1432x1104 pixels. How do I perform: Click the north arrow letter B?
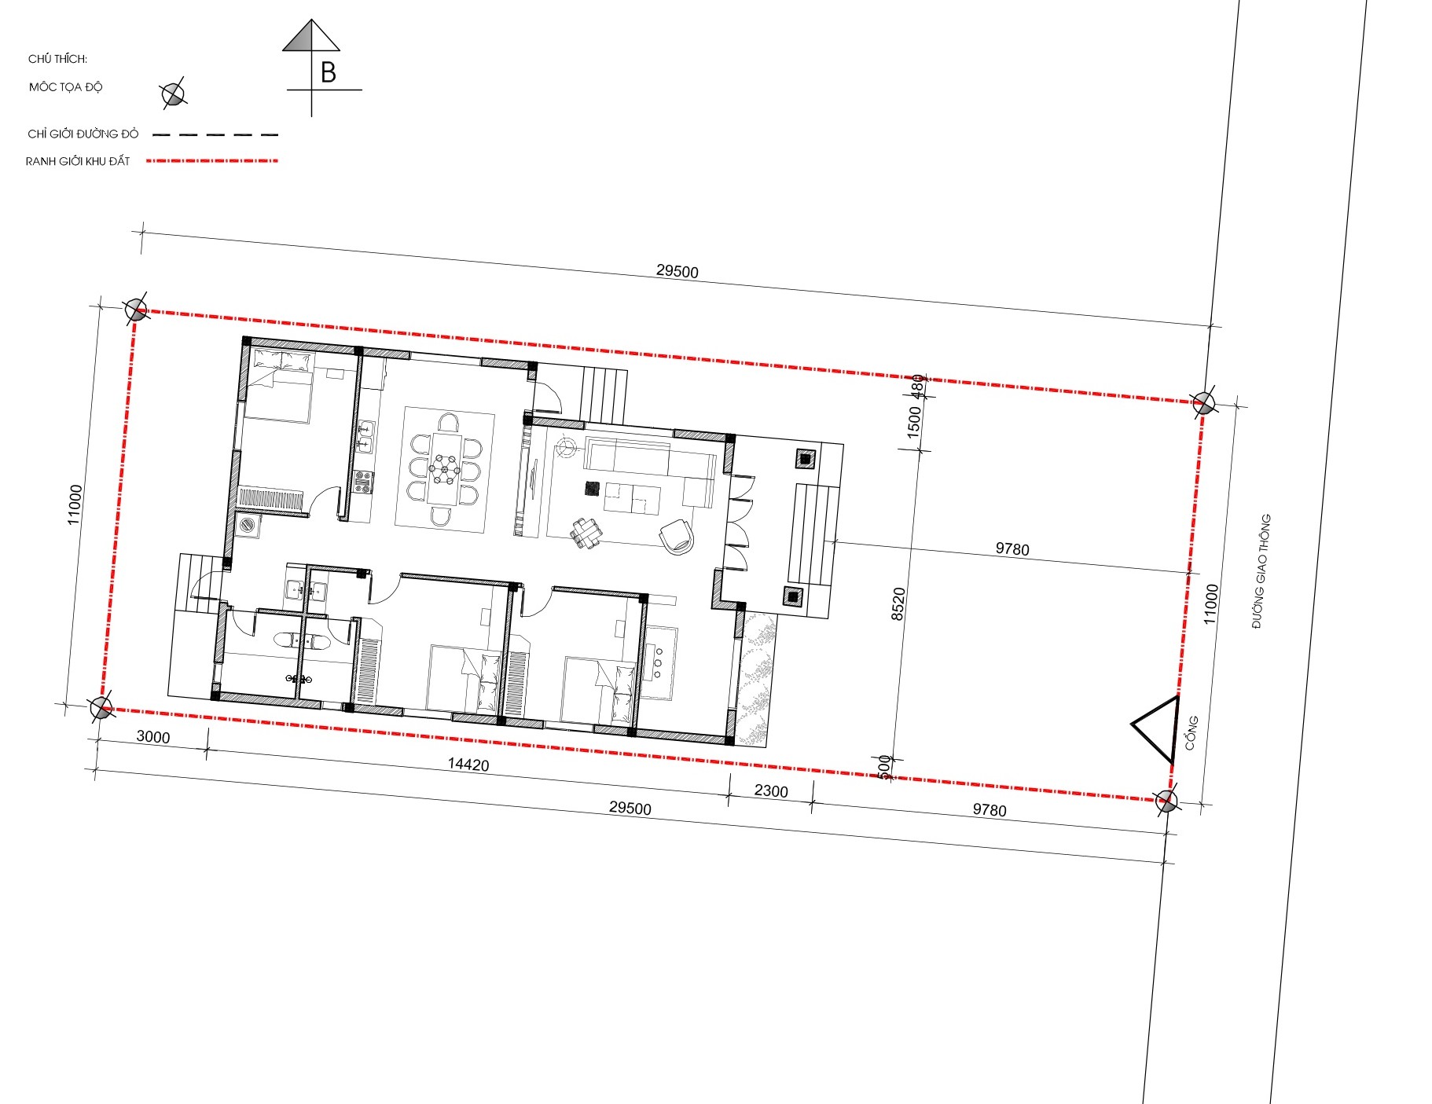pyautogui.click(x=329, y=72)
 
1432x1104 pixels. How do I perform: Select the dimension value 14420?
pyautogui.click(x=468, y=764)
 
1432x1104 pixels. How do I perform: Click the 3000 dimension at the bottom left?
pyautogui.click(x=153, y=736)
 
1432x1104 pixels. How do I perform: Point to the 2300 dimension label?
pyautogui.click(x=771, y=790)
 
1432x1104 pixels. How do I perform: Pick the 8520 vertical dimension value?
pyautogui.click(x=899, y=603)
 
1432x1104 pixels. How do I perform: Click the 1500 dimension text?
pyautogui.click(x=914, y=422)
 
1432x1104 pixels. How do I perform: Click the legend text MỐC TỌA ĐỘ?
pyautogui.click(x=66, y=86)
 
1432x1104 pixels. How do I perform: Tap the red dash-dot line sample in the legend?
pyautogui.click(x=213, y=161)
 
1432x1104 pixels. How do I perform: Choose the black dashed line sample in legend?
pyautogui.click(x=215, y=135)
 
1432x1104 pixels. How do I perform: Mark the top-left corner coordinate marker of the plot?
pyautogui.click(x=136, y=309)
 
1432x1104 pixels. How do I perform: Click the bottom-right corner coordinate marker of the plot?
pyautogui.click(x=1166, y=801)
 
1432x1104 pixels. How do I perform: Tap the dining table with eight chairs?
pyautogui.click(x=445, y=469)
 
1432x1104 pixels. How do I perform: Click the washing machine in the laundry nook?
pyautogui.click(x=249, y=525)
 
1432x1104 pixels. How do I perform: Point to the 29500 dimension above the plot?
pyautogui.click(x=677, y=271)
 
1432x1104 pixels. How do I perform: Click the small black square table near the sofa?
pyautogui.click(x=592, y=489)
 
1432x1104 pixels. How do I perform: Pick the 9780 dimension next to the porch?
pyautogui.click(x=1012, y=548)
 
